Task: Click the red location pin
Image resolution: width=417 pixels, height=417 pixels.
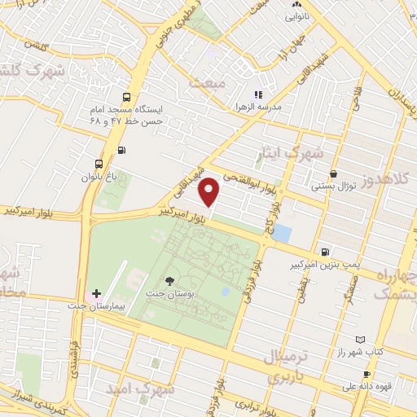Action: pyautogui.click(x=210, y=191)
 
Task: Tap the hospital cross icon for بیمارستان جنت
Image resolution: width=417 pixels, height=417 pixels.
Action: pyautogui.click(x=96, y=292)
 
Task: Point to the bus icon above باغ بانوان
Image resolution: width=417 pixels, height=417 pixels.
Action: pyautogui.click(x=99, y=162)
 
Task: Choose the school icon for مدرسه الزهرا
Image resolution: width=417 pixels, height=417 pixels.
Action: pyautogui.click(x=258, y=95)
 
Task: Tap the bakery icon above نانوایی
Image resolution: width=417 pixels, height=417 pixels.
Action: pyautogui.click(x=296, y=3)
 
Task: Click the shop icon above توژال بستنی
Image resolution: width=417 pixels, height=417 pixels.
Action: pyautogui.click(x=334, y=173)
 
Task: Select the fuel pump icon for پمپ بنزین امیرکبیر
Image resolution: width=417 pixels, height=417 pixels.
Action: pyautogui.click(x=326, y=252)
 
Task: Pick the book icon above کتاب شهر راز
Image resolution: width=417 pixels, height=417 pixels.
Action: pyautogui.click(x=361, y=339)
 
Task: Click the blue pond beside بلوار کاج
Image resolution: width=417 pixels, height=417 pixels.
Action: pyautogui.click(x=282, y=234)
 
